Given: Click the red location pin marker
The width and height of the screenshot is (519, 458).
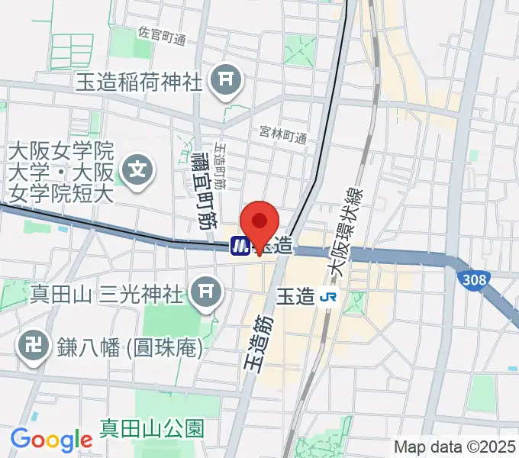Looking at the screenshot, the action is (260, 224).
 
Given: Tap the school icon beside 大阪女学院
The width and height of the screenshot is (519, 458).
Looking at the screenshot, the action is (139, 165).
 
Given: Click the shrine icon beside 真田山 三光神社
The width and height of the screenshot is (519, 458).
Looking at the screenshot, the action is (205, 291).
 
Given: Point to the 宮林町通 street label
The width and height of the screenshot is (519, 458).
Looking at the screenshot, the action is (282, 137).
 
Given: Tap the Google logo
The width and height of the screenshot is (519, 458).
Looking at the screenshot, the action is (50, 439).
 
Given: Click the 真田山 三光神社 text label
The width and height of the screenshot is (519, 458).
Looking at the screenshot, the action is (106, 292).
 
